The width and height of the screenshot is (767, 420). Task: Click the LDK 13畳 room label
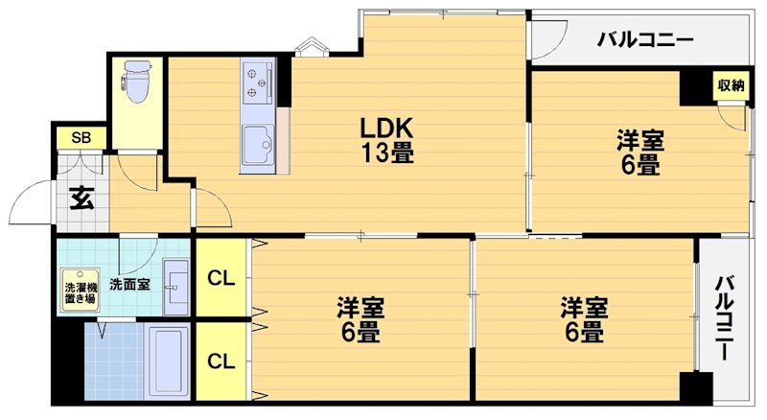pyautogui.click(x=386, y=140)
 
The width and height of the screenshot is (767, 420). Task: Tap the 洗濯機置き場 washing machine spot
pyautogui.click(x=80, y=292)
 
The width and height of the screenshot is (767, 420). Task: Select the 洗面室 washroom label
pyautogui.click(x=128, y=284)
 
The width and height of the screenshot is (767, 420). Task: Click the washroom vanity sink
pyautogui.click(x=176, y=285)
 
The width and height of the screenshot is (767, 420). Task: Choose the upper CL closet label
pyautogui.click(x=221, y=279)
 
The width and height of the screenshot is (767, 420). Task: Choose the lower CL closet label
pyautogui.click(x=221, y=362)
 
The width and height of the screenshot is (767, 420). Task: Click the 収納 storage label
pyautogui.click(x=732, y=85)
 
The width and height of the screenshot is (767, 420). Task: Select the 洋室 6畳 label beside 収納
pyautogui.click(x=639, y=152)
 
